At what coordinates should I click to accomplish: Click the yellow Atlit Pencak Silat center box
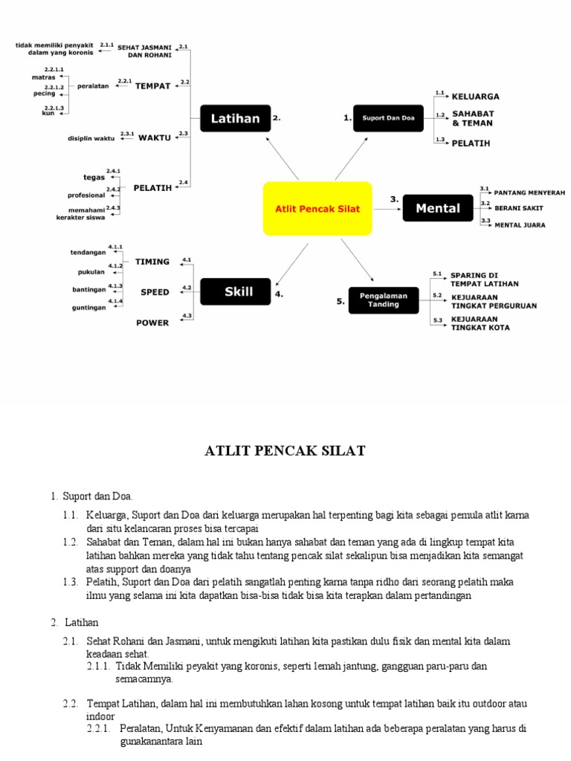(x=317, y=209)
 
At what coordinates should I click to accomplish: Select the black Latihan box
(x=235, y=117)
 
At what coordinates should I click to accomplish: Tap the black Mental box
(x=438, y=208)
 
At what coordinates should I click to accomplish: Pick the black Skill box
(x=238, y=292)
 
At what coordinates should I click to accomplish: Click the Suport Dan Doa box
(x=388, y=117)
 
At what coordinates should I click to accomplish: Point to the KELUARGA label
(x=476, y=97)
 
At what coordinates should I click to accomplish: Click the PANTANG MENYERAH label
(x=529, y=192)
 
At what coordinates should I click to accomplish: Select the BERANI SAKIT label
(x=519, y=208)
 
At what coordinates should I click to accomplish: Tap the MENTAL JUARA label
(x=520, y=224)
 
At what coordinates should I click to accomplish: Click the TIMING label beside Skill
(x=152, y=262)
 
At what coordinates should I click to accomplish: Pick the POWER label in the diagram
(x=152, y=323)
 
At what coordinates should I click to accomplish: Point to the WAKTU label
(x=155, y=137)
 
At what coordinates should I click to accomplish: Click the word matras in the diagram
(x=43, y=77)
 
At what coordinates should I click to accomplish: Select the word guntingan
(x=88, y=307)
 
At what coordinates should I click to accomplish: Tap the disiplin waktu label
(x=91, y=138)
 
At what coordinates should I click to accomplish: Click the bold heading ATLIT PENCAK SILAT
(x=285, y=451)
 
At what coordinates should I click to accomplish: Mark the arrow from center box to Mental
(x=387, y=209)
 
